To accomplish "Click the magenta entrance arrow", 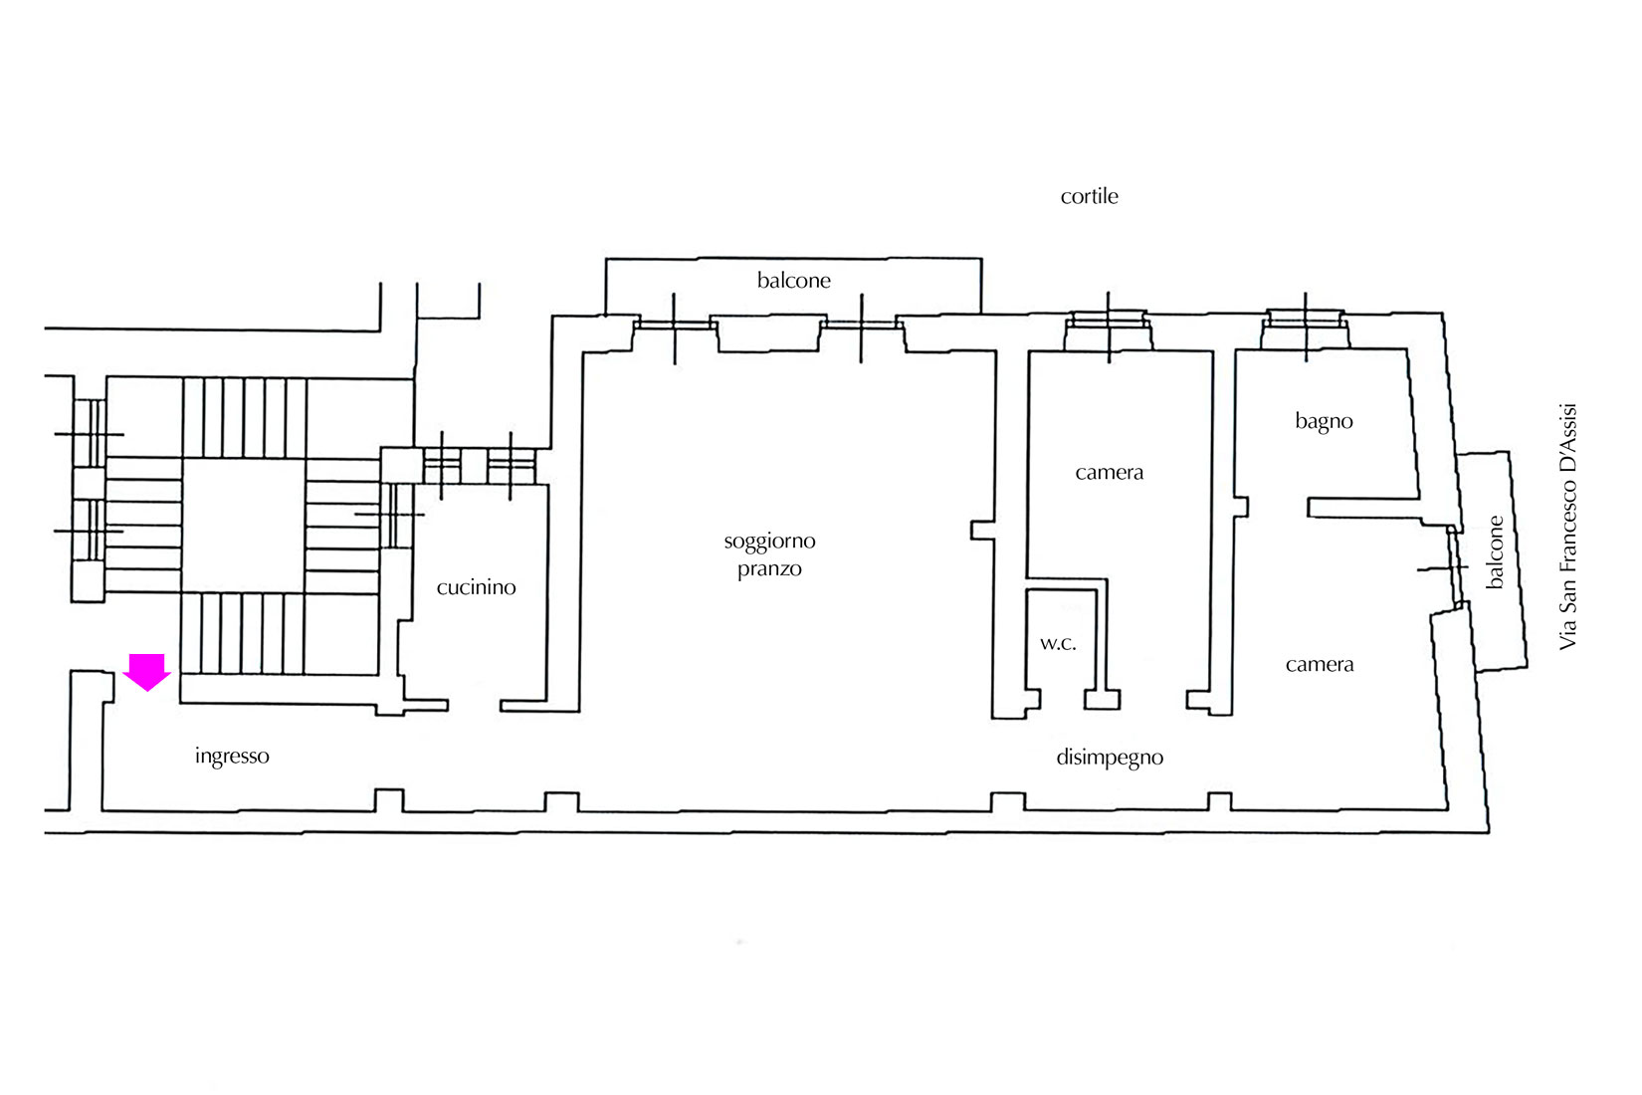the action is pyautogui.click(x=147, y=671).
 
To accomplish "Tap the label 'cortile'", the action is pyautogui.click(x=1090, y=196).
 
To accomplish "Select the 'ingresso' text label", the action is pyautogui.click(x=233, y=757).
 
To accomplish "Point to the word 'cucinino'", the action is pyautogui.click(x=477, y=586).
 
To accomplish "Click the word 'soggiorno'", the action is pyautogui.click(x=769, y=542).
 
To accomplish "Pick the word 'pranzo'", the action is pyautogui.click(x=769, y=569).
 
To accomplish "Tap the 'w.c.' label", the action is pyautogui.click(x=1058, y=644).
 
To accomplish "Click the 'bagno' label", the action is pyautogui.click(x=1324, y=422).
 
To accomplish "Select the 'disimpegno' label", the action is pyautogui.click(x=1110, y=758).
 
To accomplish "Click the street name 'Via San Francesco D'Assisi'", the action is pyautogui.click(x=1566, y=527).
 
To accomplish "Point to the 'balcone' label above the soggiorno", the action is pyautogui.click(x=794, y=280).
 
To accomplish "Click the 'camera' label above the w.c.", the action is pyautogui.click(x=1109, y=472).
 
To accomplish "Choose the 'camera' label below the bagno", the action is pyautogui.click(x=1320, y=665).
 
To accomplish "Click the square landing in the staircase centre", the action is pyautogui.click(x=244, y=526).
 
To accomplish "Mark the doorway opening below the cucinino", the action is pyautogui.click(x=475, y=706).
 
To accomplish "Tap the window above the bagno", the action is pyautogui.click(x=1305, y=329).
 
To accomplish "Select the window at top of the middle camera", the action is pyautogui.click(x=1109, y=330).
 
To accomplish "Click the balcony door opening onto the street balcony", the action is pyautogui.click(x=1457, y=567).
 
